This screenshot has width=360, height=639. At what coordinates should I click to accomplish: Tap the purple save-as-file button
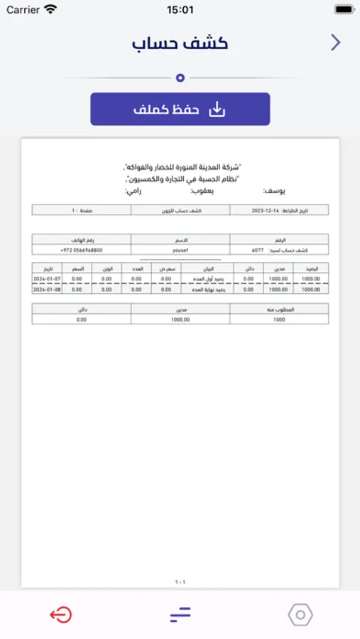pos(180,109)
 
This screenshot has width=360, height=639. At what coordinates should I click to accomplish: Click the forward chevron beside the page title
pos(336,43)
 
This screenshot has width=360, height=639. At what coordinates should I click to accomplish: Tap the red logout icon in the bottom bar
pos(60,615)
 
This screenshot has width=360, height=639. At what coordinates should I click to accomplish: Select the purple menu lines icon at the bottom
pos(180,615)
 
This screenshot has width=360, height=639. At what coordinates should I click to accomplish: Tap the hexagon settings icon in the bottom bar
pos(300,615)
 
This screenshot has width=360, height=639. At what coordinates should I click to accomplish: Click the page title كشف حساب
pos(180,43)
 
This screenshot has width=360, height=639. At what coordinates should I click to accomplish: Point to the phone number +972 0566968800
pos(82,251)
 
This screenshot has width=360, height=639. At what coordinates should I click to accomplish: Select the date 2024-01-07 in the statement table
pos(47,279)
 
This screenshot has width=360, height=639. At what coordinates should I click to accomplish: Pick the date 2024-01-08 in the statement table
pos(47,289)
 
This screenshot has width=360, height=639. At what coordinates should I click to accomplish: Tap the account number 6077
pos(257,251)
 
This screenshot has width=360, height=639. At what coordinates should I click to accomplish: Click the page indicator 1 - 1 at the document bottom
pos(180,582)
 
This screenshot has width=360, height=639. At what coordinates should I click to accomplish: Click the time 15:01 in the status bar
pos(180,10)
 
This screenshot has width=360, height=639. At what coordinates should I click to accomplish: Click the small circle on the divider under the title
pos(180,78)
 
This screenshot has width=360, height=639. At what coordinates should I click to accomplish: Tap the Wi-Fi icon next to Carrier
pos(50,10)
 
